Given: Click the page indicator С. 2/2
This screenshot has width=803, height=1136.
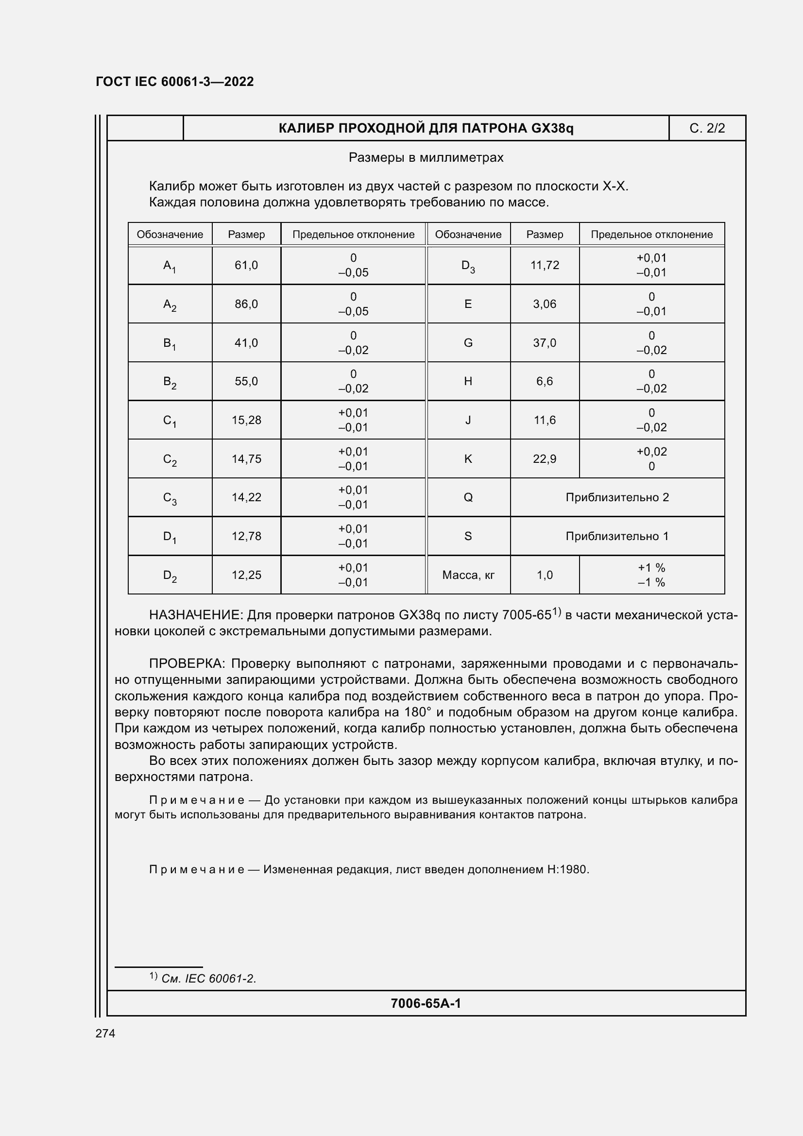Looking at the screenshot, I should (x=706, y=129).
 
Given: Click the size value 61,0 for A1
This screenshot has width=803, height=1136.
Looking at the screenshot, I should (x=246, y=265).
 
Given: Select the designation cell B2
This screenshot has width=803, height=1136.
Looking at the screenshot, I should (x=170, y=381).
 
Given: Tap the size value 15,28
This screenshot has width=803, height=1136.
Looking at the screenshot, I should (x=246, y=420).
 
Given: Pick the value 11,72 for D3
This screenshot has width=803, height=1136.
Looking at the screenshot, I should (x=544, y=265).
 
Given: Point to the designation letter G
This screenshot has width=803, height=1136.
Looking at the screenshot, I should (x=467, y=343).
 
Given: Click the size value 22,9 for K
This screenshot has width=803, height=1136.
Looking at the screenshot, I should (x=544, y=458).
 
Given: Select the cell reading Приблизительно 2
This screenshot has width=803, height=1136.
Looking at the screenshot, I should (x=617, y=497).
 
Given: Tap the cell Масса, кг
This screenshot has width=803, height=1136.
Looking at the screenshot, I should (x=468, y=575).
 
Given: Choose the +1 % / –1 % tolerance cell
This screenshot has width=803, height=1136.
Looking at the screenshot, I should (x=651, y=575).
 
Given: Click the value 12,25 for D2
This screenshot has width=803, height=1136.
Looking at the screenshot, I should (x=246, y=575).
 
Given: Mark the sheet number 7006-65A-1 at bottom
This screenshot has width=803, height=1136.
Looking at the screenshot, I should (x=426, y=1003).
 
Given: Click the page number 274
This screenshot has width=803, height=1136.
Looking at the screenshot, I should (x=105, y=1034).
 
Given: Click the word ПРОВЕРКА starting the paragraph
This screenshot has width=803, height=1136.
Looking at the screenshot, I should (x=187, y=664).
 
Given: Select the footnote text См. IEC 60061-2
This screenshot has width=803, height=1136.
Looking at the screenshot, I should (x=208, y=979).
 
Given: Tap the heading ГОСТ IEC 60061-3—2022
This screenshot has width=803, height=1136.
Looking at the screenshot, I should (x=175, y=82).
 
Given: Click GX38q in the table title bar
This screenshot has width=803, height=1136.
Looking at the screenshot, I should (x=552, y=129).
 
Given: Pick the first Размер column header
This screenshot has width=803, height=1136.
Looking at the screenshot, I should (x=246, y=235).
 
